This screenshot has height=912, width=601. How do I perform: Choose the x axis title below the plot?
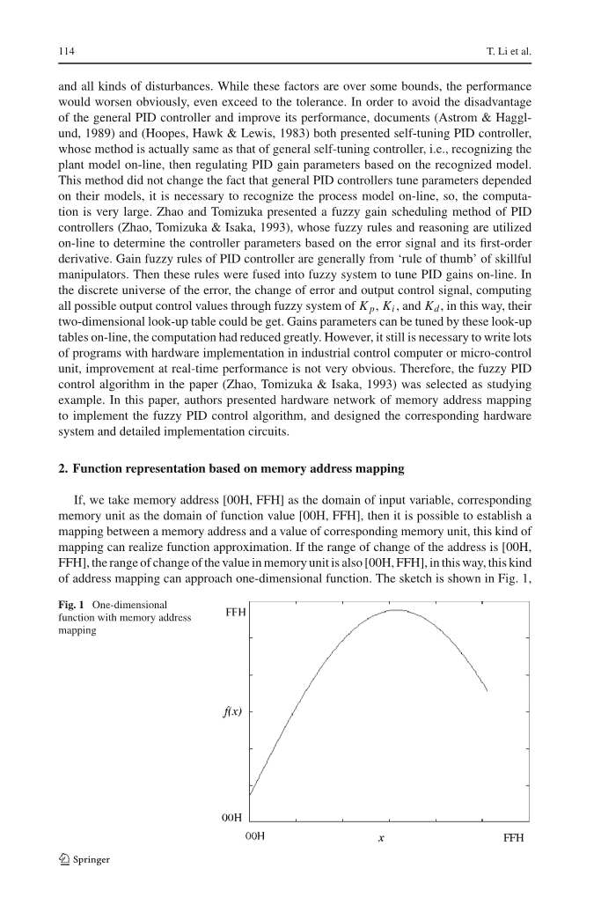(380, 839)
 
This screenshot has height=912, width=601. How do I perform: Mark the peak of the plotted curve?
(398, 609)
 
